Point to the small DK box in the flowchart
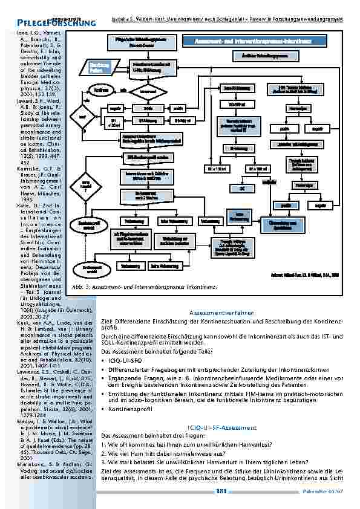tap(241, 188)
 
